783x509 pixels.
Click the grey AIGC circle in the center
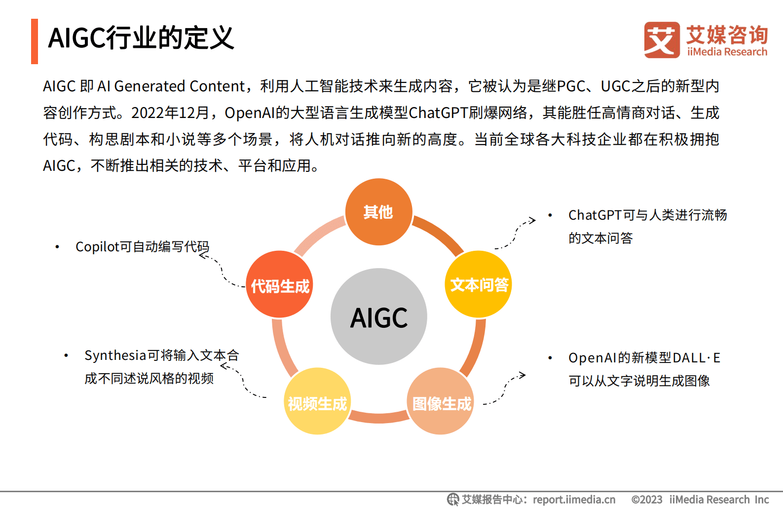click(378, 316)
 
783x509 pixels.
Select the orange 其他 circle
click(378, 212)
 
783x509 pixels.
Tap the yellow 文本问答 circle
click(479, 284)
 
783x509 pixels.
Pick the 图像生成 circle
click(441, 401)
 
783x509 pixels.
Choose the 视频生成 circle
click(317, 401)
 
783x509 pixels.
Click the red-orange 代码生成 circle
click(280, 284)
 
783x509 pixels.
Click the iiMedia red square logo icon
click(662, 40)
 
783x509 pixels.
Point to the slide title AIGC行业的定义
click(141, 38)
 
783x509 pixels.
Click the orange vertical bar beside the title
click(35, 41)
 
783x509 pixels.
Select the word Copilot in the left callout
click(97, 247)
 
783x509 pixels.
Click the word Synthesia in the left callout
click(115, 355)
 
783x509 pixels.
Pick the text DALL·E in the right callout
click(696, 358)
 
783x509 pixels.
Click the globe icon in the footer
click(452, 500)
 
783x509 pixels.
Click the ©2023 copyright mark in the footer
click(647, 500)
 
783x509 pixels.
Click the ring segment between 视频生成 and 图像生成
click(378, 417)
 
